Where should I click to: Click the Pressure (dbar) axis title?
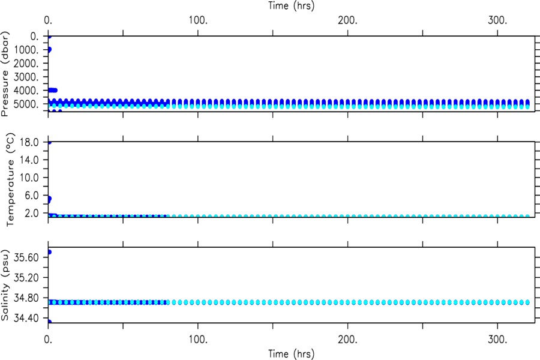5,74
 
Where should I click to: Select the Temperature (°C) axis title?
10,179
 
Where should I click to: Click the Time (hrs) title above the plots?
292,5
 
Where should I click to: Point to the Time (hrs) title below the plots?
292,354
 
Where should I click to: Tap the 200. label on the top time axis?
347,20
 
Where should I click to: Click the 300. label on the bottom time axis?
497,340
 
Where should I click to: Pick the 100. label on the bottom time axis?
198,340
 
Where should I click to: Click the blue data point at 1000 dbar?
49,50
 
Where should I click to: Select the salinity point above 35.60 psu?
49,252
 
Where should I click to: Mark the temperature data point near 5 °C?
49,199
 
